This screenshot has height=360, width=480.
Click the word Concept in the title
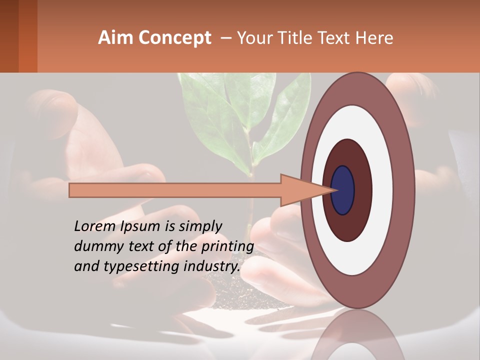[x=175, y=38]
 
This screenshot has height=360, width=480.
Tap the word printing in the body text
[x=227, y=247]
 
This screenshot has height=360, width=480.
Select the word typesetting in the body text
[x=137, y=266]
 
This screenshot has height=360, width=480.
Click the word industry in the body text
[x=212, y=266]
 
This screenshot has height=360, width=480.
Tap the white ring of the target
[x=382, y=190]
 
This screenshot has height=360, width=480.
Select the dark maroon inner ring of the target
[x=362, y=190]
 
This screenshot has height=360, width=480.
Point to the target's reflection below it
[x=357, y=337]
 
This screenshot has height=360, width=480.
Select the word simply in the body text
[x=200, y=226]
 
